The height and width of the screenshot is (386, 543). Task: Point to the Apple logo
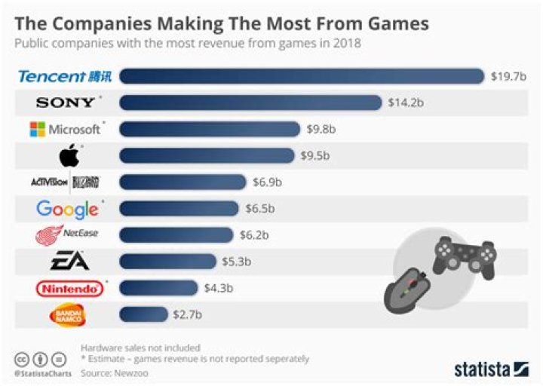tap(69, 155)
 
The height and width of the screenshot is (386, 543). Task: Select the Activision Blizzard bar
tap(183, 182)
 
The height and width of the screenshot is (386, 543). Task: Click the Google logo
tap(66, 209)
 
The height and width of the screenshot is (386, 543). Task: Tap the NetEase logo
tap(66, 235)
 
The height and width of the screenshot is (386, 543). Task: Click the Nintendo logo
tap(69, 288)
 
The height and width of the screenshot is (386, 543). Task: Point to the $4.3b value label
tap(219, 288)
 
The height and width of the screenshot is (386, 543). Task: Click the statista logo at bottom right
tap(490, 369)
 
